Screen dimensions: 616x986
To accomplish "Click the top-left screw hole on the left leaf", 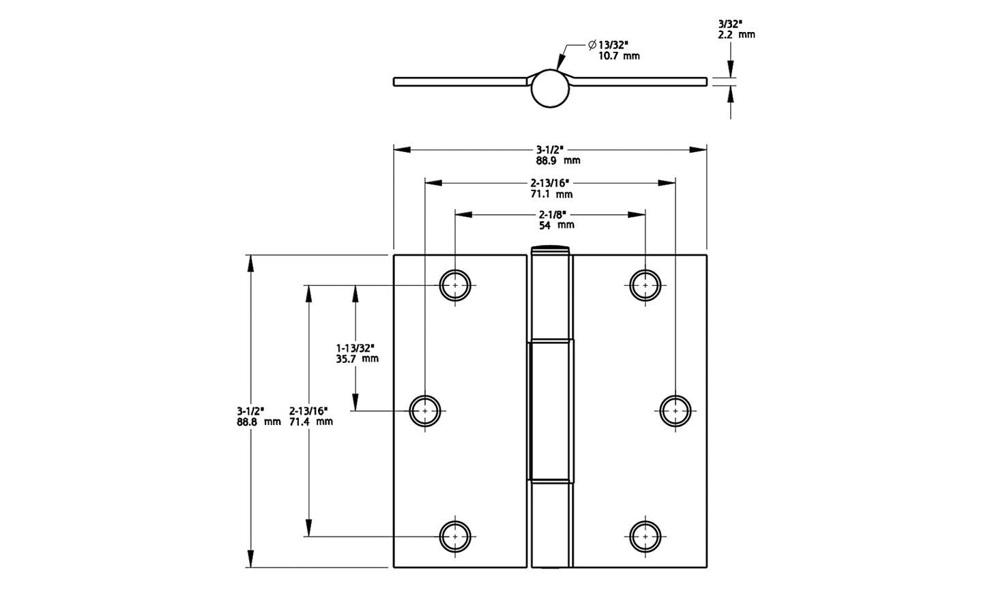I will coord(455,285).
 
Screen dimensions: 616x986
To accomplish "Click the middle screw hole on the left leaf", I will coord(425,411).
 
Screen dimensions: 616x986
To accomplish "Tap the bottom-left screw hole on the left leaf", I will coord(455,536).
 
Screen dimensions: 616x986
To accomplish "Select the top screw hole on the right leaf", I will coord(645,285).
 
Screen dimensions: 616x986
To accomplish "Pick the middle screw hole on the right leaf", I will coord(676,411).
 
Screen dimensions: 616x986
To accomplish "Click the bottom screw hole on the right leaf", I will coord(645,536).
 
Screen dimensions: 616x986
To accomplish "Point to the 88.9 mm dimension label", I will coord(557,161).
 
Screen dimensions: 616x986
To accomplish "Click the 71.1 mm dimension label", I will coord(552,194).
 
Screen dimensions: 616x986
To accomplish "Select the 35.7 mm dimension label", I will coord(357,358).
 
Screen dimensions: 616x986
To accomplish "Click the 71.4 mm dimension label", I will coord(310,422).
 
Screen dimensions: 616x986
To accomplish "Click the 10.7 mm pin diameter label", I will coord(619,56).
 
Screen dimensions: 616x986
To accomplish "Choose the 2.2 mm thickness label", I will coord(736,34).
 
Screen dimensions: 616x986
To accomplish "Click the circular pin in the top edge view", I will coord(550,89).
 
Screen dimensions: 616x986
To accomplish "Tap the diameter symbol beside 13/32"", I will coord(592,45).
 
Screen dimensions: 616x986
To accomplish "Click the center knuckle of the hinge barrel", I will coord(550,411).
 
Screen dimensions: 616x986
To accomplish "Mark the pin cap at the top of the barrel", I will coord(550,248).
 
